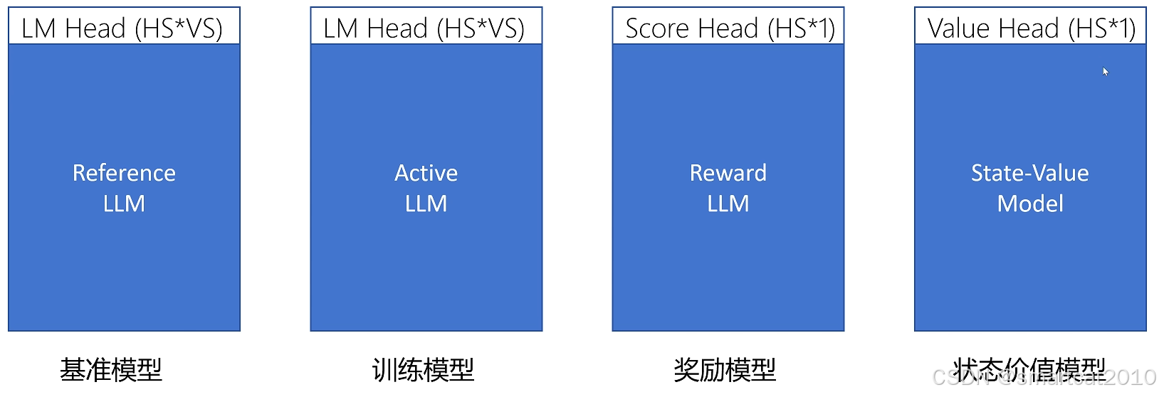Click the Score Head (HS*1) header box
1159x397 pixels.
728,27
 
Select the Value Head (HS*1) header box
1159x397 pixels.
1030,27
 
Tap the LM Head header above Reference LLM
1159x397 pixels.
124,27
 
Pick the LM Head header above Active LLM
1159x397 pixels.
426,27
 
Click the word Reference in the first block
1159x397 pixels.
124,173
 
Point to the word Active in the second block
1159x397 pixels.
426,173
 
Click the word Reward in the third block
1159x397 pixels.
728,173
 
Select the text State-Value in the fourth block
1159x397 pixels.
1029,173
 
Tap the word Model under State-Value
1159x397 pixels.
1030,204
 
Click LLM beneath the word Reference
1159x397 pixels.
124,204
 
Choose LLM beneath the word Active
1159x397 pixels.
426,204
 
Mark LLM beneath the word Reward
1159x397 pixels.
728,204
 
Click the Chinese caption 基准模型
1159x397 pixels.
111,370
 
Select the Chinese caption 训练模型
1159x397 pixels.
423,370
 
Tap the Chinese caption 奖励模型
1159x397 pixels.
725,370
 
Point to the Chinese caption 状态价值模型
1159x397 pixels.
1029,369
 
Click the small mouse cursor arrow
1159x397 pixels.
1105,71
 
